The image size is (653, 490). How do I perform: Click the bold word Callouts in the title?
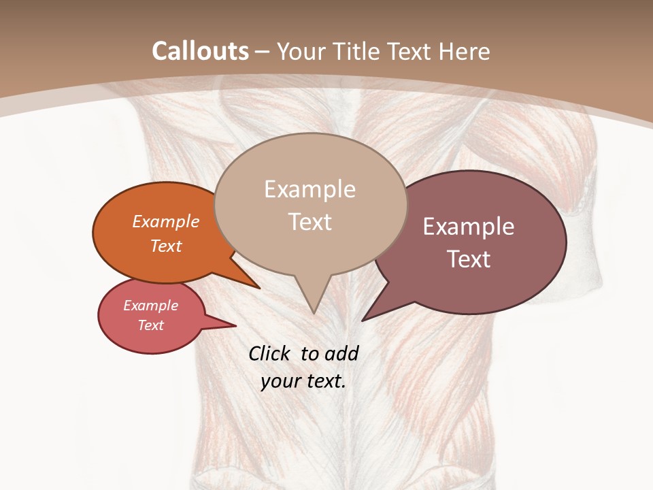click(x=200, y=51)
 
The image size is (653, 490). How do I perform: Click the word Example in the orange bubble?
click(x=166, y=221)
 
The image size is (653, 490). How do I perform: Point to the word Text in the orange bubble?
click(x=166, y=246)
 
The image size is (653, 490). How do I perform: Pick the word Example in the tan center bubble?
click(x=309, y=189)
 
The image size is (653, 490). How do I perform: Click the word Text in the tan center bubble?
click(x=310, y=222)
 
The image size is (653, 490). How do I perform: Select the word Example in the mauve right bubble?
click(x=469, y=227)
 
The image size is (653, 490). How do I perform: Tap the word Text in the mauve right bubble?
click(x=469, y=259)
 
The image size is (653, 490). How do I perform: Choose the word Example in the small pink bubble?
click(x=150, y=306)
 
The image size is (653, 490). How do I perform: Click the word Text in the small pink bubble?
click(x=150, y=325)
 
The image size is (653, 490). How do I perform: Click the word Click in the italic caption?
click(x=270, y=353)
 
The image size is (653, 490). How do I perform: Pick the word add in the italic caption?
click(x=341, y=353)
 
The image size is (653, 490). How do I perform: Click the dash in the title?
click(x=262, y=52)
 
